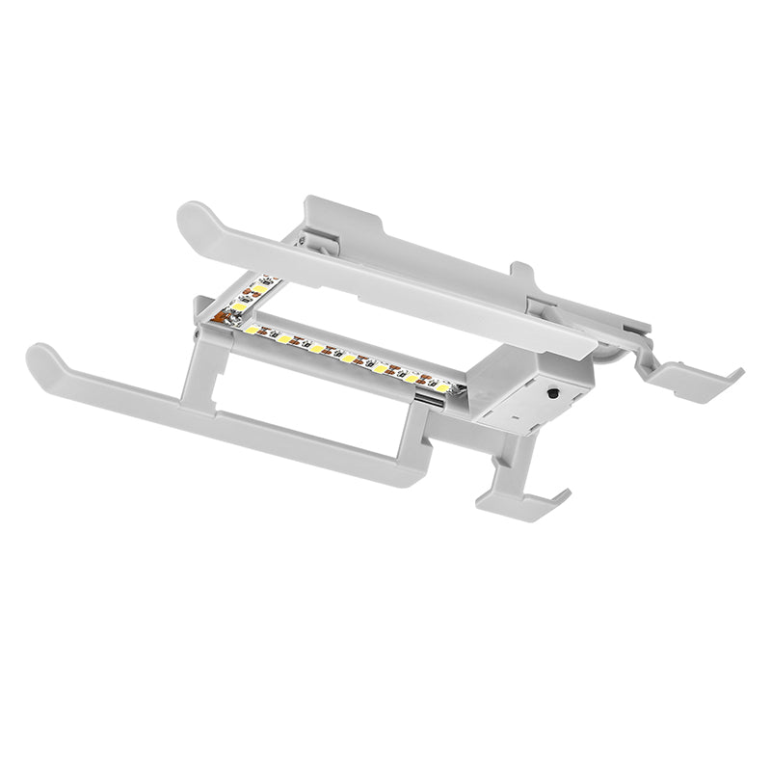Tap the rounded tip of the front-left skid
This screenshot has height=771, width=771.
point(40,359)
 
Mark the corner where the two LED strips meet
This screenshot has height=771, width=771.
point(228,319)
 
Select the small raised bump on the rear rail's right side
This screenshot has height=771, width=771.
point(521,272)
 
